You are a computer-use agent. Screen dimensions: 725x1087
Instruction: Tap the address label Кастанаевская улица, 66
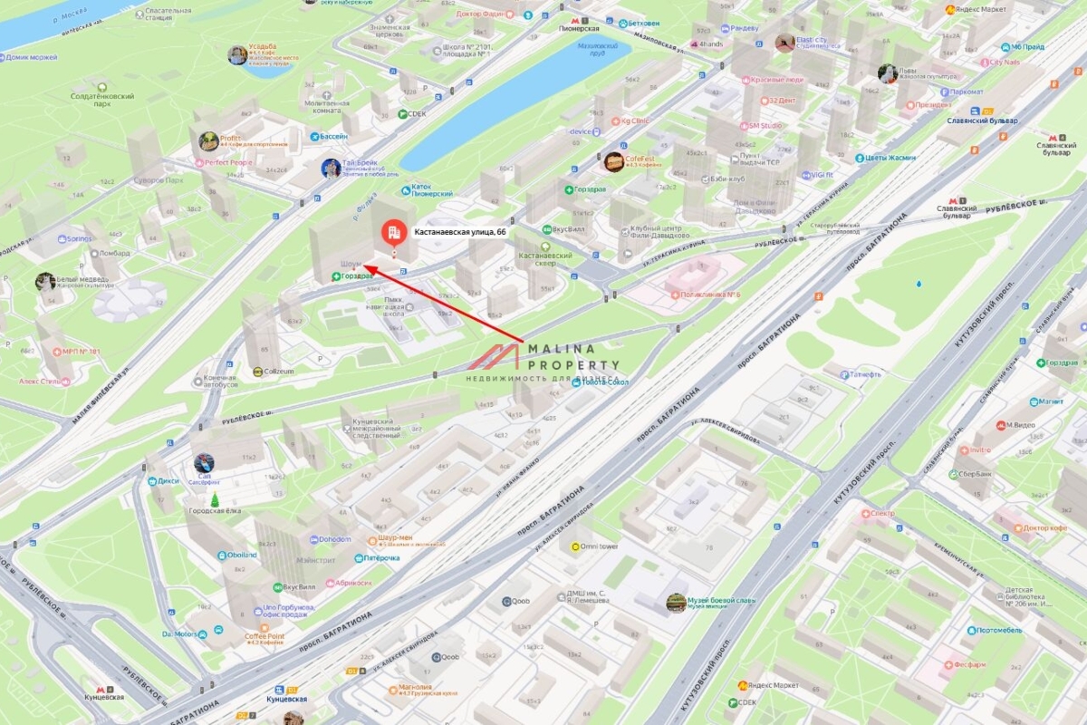pyautogui.click(x=460, y=233)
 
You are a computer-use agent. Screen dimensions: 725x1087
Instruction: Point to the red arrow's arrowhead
pyautogui.click(x=370, y=269)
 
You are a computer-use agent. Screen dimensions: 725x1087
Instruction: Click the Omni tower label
pyautogui.click(x=599, y=546)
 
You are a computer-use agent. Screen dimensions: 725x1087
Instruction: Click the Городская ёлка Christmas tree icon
pyautogui.click(x=216, y=500)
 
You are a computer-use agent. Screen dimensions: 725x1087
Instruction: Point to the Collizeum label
pyautogui.click(x=279, y=371)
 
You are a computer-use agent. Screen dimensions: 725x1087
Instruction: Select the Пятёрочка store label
pyautogui.click(x=381, y=558)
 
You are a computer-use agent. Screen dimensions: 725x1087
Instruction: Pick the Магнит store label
pyautogui.click(x=1051, y=400)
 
